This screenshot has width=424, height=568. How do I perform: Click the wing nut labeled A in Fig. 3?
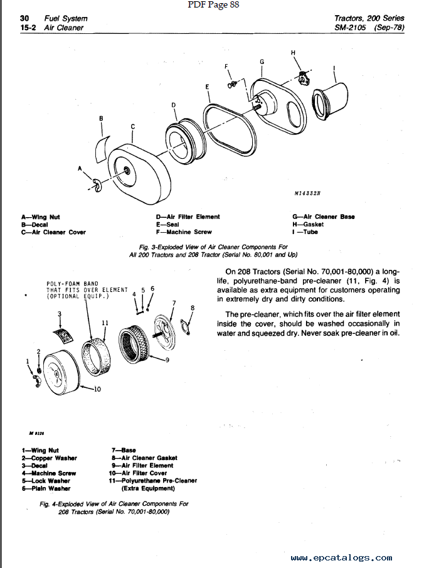pos(97,185)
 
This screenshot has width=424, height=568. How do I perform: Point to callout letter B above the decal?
pos(101,118)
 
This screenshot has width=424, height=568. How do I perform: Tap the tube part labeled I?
pos(329,100)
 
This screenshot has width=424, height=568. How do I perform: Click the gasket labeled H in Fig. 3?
pos(304,78)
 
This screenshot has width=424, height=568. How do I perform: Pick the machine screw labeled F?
pos(232,84)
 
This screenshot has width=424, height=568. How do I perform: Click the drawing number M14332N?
pos(307,193)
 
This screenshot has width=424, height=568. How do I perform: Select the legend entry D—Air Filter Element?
pos(188,217)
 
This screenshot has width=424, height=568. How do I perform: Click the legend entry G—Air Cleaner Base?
pos(324,217)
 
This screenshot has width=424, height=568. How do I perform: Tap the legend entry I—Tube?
pos(305,232)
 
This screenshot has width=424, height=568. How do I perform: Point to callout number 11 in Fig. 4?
pos(105,323)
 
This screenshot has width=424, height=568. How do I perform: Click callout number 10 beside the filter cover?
pos(97,389)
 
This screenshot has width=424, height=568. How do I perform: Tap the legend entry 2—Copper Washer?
pos(50,458)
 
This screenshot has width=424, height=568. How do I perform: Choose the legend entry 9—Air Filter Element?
pos(142,466)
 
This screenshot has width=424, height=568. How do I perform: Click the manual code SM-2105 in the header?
pos(350,27)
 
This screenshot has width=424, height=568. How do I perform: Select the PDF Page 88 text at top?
pos(213,5)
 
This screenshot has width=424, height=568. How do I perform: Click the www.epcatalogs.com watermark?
pos(341,557)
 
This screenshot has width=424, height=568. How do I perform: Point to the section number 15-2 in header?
pos(28,28)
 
